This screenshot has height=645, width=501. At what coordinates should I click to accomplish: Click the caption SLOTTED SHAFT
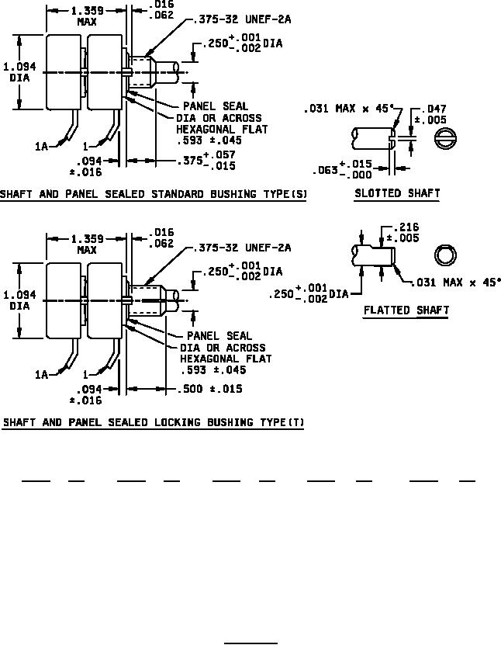pos(397,193)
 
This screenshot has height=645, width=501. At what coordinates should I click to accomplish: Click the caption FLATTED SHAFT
pos(406,310)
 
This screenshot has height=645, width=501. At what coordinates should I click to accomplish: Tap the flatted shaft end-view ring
pos(445,255)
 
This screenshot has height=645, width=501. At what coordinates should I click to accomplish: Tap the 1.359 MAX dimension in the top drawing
pos(86,16)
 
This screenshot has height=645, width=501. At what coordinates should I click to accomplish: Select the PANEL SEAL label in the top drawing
pos(216,106)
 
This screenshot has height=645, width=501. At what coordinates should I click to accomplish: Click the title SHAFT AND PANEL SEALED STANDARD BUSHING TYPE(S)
pos(154,193)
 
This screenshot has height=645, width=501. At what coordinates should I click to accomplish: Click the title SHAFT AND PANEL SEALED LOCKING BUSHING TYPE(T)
pos(154,423)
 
